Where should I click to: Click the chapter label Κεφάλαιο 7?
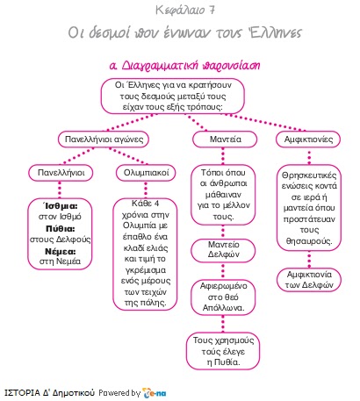(185, 11)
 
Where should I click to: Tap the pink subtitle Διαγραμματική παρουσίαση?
(185, 65)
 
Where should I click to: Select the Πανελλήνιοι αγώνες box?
(104, 140)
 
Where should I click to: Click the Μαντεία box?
(225, 140)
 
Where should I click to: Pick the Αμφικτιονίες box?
(308, 140)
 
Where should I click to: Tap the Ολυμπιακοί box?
(146, 173)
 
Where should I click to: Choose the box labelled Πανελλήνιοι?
(61, 173)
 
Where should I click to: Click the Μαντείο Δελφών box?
(223, 249)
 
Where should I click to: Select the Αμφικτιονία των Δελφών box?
(309, 280)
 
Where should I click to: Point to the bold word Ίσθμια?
(61, 206)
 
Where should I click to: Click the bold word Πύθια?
(61, 229)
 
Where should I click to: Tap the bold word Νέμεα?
(61, 252)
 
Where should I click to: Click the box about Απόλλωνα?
(223, 297)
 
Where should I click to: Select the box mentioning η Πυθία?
(223, 351)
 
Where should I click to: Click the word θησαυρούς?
(309, 241)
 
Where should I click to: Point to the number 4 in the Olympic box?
(157, 204)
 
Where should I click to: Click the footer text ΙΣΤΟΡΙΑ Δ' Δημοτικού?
(49, 392)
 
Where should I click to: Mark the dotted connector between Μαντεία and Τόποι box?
(223, 156)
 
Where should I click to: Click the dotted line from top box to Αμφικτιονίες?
(265, 122)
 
